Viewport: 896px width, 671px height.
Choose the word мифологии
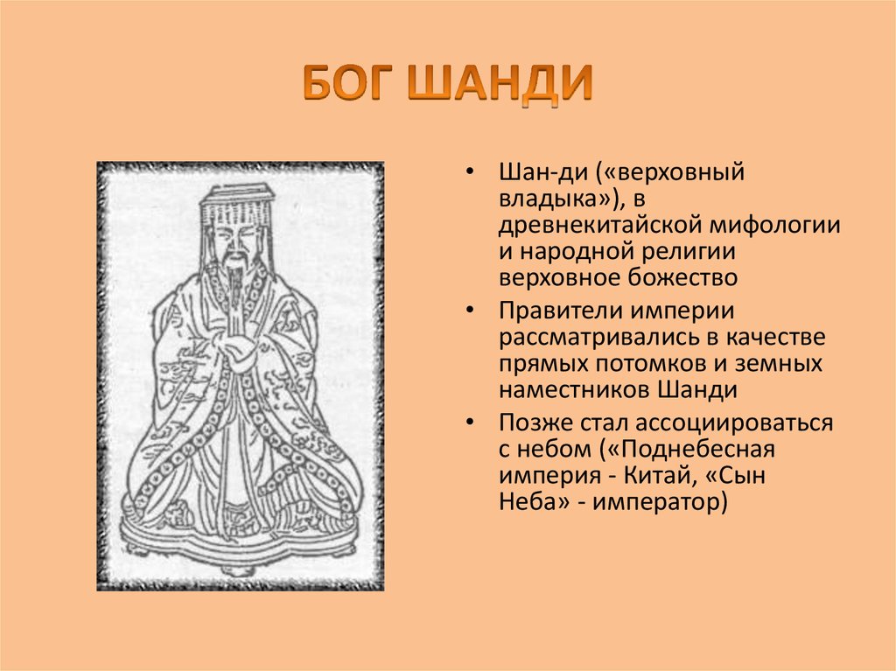tap(780, 225)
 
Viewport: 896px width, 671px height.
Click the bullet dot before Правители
tap(472, 312)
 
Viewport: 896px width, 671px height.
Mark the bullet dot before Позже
tap(472, 425)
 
